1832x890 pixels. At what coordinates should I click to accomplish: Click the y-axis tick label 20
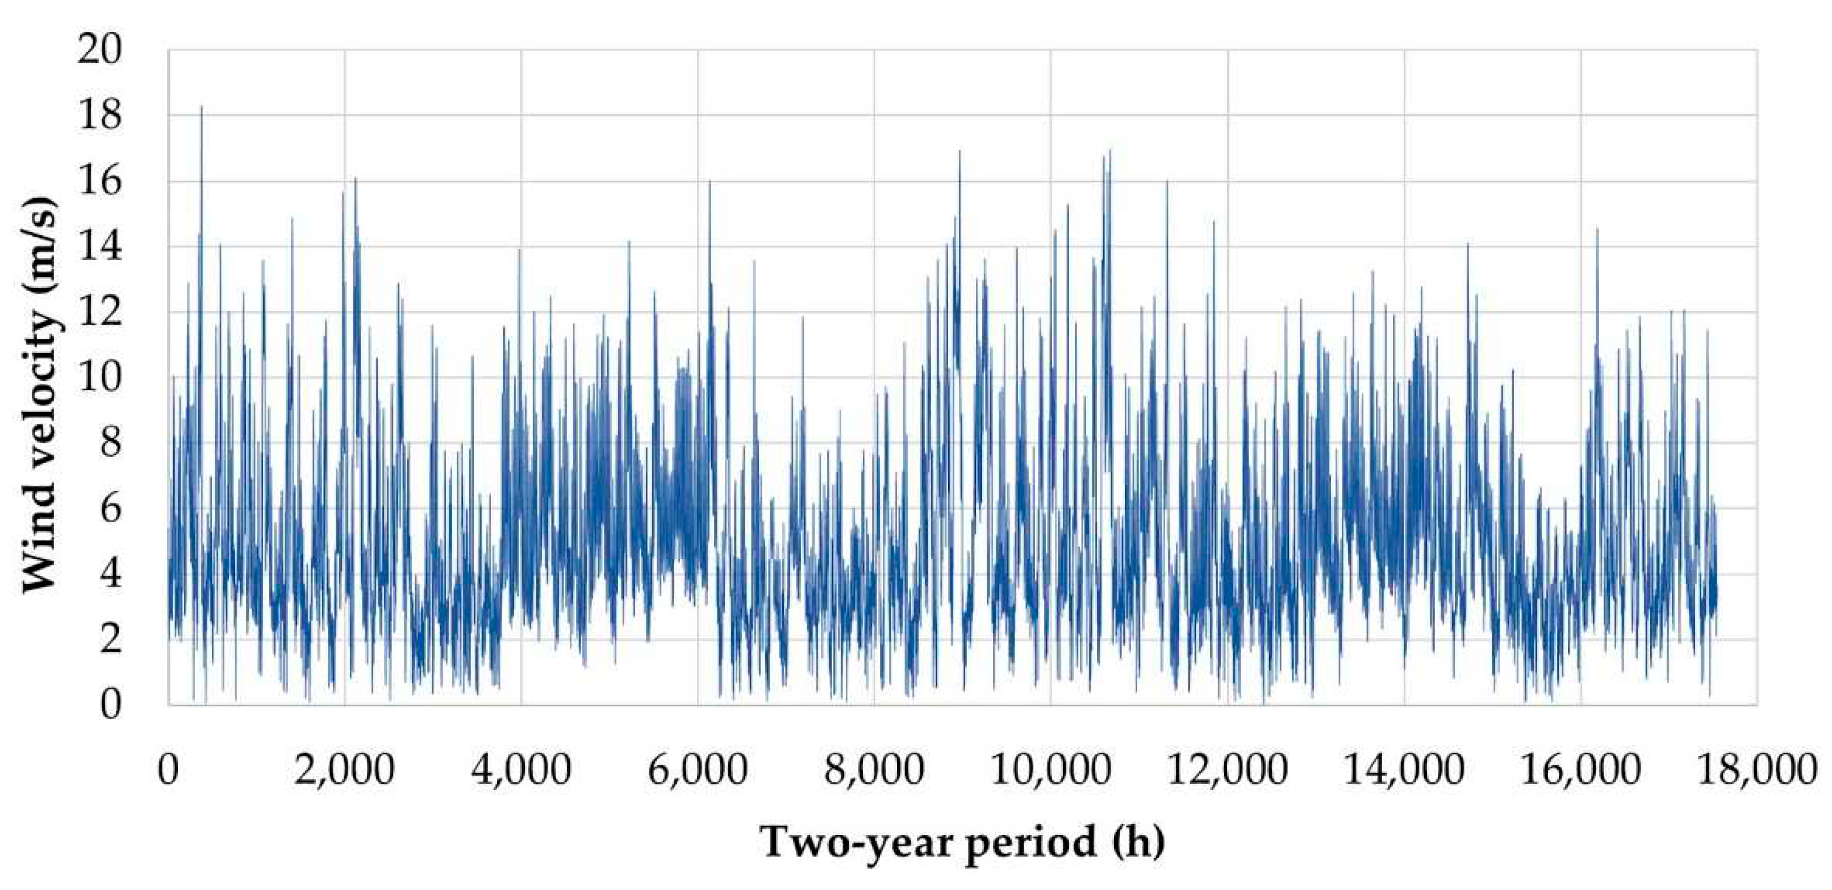(99, 51)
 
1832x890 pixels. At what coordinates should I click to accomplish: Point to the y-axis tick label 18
(99, 116)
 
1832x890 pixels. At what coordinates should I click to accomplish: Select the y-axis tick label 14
(99, 247)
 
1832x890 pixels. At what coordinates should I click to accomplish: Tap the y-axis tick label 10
(99, 378)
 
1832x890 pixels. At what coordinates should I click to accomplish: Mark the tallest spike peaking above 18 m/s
(201, 108)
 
